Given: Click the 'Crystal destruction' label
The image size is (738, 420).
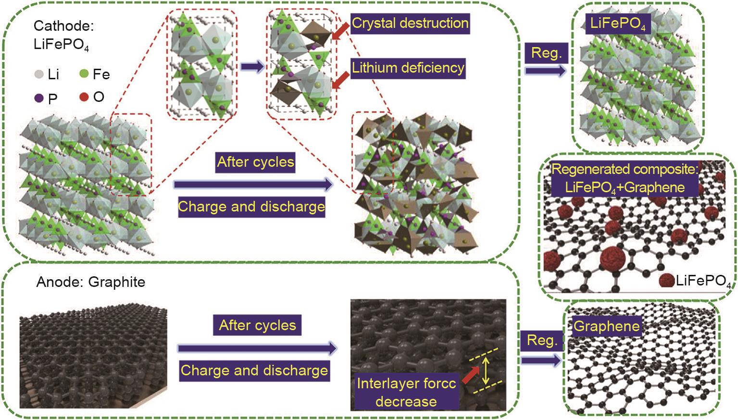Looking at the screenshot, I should pos(410,23).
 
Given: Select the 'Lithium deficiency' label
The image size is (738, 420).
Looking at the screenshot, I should pos(408,68).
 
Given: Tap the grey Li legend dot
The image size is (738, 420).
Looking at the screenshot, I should pos(39,75).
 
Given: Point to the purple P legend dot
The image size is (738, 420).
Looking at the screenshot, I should pos(39,98).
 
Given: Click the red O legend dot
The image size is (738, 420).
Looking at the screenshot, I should pos(84,97).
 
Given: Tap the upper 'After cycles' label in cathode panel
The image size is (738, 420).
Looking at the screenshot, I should pos(255,162).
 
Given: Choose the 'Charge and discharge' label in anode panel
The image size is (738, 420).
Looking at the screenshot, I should pos(254,371).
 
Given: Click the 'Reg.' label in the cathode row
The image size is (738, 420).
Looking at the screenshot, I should pos(547,53).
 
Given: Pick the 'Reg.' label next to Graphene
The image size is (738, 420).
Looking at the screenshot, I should pos(542,341).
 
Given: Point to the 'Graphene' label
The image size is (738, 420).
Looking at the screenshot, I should pos(606,326).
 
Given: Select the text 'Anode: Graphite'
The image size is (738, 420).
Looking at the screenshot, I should pos(91,282).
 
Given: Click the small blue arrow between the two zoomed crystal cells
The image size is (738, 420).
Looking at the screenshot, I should pos(252,67).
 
